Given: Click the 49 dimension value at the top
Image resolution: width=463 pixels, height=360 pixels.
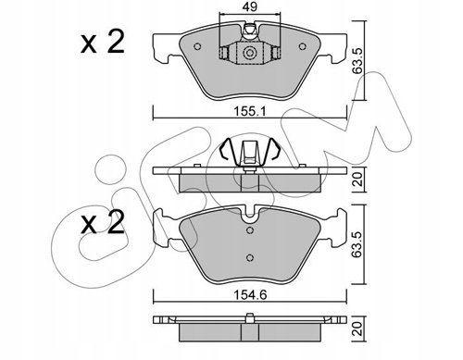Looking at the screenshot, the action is (250, 7).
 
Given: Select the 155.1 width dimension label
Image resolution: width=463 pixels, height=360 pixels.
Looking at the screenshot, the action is (250, 111).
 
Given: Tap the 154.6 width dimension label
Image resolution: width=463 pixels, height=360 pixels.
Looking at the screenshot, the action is (250, 295).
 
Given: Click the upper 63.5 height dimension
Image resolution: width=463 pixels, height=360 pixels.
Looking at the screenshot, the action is (357, 60).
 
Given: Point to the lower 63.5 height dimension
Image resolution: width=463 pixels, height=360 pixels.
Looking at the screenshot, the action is (357, 244).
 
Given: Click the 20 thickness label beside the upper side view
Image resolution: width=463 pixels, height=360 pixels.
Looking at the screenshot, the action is (357, 179).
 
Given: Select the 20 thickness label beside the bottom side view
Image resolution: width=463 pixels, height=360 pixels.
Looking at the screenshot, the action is (357, 329).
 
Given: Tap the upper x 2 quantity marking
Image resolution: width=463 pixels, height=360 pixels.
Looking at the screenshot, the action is (103, 43).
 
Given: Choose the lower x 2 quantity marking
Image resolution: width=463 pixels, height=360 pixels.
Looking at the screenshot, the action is (103, 223).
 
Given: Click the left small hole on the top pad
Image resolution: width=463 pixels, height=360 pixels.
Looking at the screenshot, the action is (197, 46).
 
